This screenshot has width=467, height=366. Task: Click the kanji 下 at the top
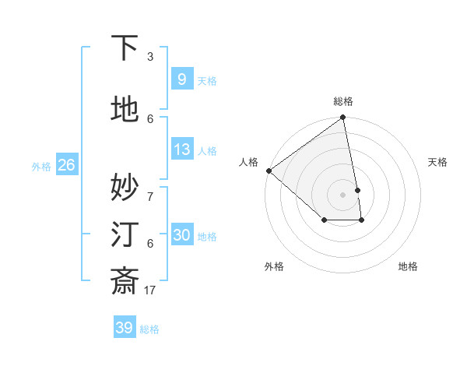(125, 49)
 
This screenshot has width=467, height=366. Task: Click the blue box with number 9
(181, 79)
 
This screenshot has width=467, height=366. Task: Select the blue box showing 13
(181, 150)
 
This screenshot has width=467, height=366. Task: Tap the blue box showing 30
(181, 235)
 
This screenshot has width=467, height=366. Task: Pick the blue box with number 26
(66, 165)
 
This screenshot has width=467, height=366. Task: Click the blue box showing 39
(124, 328)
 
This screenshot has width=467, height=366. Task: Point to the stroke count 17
(149, 290)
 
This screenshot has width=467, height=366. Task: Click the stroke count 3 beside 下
(150, 56)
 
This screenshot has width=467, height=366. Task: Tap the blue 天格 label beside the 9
(207, 81)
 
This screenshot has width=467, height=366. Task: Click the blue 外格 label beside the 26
(41, 166)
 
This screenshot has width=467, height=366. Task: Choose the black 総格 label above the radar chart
(343, 101)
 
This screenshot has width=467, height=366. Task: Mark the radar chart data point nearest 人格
(269, 171)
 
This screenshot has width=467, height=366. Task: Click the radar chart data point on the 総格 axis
(342, 118)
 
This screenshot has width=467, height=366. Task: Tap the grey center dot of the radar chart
(342, 194)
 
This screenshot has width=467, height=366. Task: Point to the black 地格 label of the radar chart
(408, 267)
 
